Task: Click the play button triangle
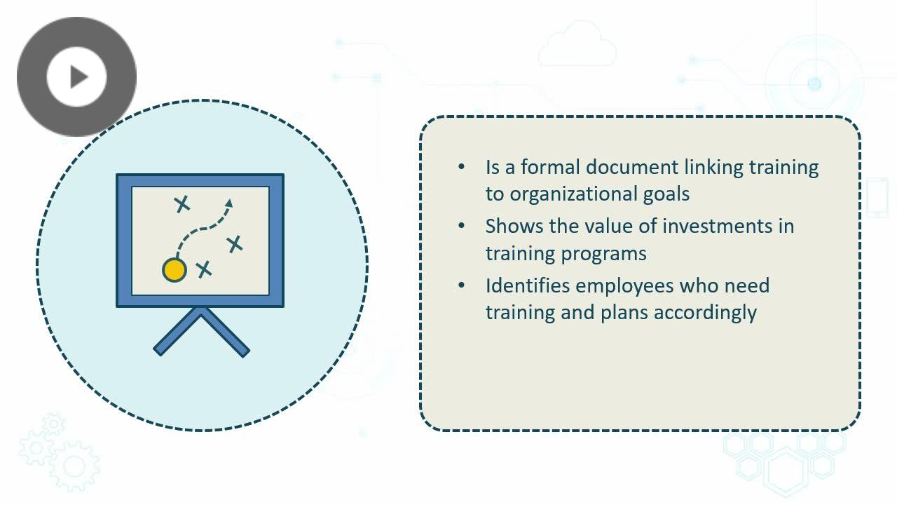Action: click(x=78, y=76)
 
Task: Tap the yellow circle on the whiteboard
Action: click(x=174, y=270)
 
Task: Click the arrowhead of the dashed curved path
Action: click(x=229, y=203)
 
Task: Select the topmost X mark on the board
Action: click(x=182, y=204)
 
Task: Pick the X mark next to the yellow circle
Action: click(x=204, y=269)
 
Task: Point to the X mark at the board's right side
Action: click(x=235, y=244)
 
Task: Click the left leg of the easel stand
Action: click(x=178, y=332)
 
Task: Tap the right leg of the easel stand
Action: click(x=224, y=332)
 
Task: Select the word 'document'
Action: click(x=632, y=167)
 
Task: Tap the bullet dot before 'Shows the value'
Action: click(x=461, y=226)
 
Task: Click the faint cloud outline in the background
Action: click(x=577, y=43)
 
